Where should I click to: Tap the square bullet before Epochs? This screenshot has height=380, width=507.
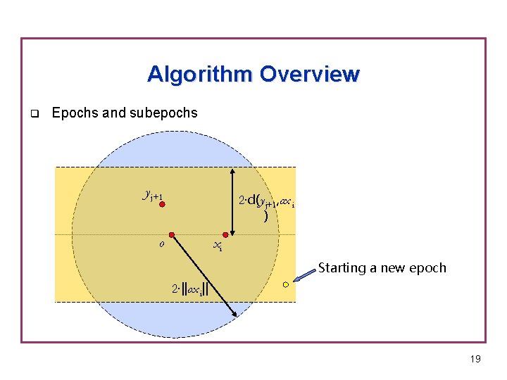pyautogui.click(x=33, y=113)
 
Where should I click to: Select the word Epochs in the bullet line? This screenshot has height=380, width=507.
pyautogui.click(x=75, y=113)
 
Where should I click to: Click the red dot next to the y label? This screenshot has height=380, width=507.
pyautogui.click(x=161, y=205)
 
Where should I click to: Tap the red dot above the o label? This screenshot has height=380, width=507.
pyautogui.click(x=171, y=234)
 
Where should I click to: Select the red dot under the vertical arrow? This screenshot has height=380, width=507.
pyautogui.click(x=226, y=234)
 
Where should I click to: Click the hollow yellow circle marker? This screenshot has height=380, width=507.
pyautogui.click(x=285, y=284)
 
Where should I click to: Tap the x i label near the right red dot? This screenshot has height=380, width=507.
pyautogui.click(x=218, y=246)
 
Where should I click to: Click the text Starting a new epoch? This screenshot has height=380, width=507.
pyautogui.click(x=382, y=267)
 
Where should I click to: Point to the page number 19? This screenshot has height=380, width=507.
pyautogui.click(x=475, y=360)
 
